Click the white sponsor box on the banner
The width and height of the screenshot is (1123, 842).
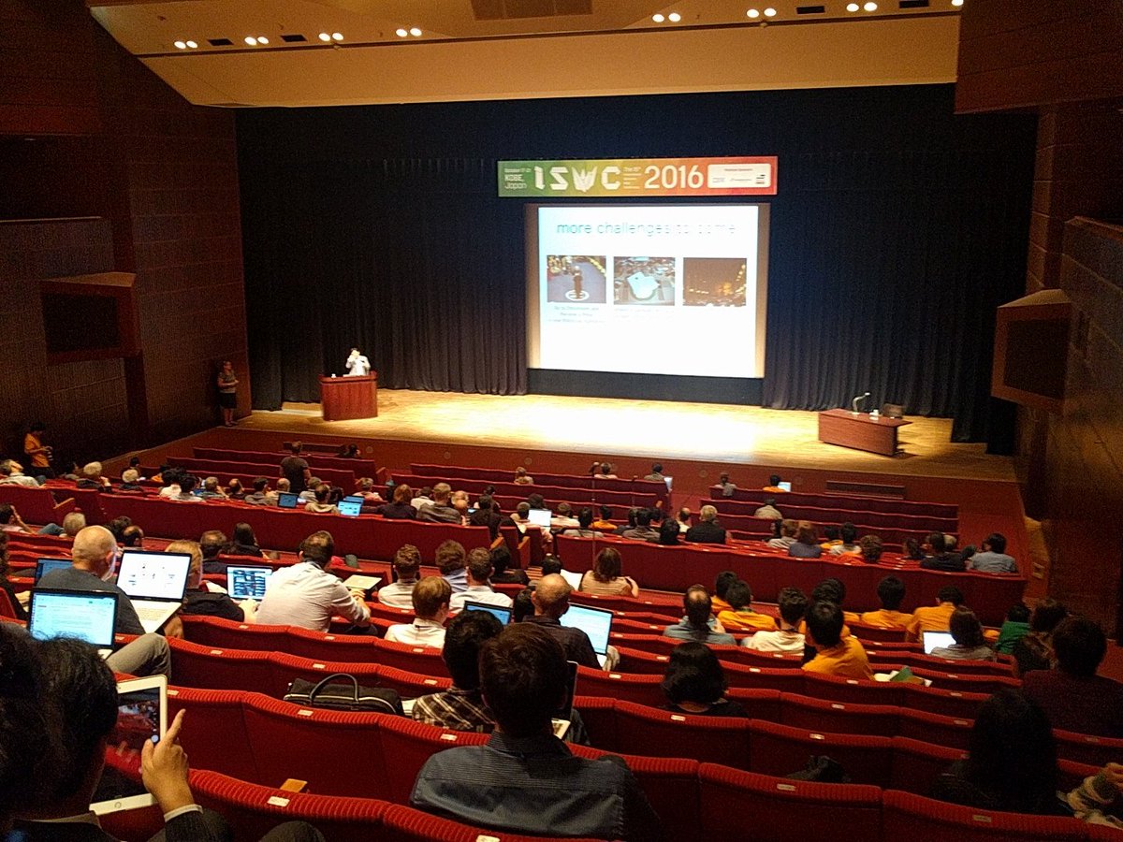point(738,175)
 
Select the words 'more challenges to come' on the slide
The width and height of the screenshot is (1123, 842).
point(645,228)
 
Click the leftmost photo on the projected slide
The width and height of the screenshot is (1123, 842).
point(576,279)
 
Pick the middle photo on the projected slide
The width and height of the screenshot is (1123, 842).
point(644,280)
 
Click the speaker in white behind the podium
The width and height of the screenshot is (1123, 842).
point(356,363)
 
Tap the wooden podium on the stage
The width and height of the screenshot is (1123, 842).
point(348,397)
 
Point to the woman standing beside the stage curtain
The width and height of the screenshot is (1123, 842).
point(227,392)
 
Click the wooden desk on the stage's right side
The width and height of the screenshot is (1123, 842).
point(862,431)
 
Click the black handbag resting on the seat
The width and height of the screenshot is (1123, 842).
point(343,694)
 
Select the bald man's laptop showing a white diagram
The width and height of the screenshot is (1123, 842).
point(153,575)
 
